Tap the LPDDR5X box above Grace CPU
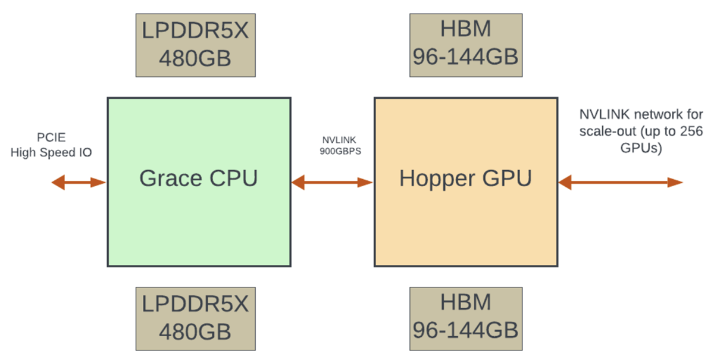tap(195, 45)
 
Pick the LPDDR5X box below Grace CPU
tap(195, 318)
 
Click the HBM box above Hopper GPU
tap(466, 45)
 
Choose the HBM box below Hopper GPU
tap(466, 318)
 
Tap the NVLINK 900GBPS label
tap(333, 145)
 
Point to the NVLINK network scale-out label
tap(641, 132)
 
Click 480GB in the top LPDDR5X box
tap(195, 59)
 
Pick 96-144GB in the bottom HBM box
tap(466, 330)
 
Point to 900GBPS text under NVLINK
tap(333, 151)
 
